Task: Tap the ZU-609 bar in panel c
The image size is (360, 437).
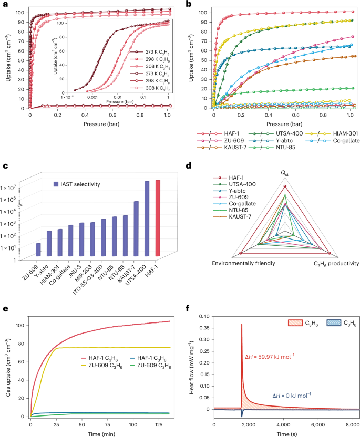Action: tap(38, 251)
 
